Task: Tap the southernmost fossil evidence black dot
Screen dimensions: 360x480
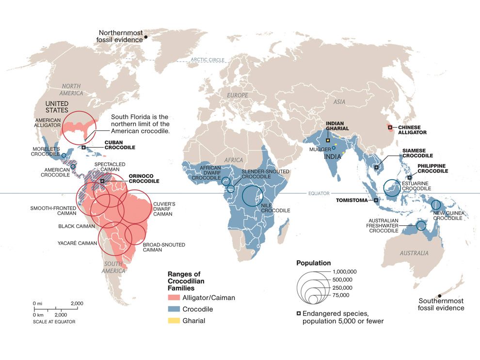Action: coord(439,296)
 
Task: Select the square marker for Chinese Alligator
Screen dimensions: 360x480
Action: coord(390,128)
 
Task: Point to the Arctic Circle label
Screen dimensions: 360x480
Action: coord(208,60)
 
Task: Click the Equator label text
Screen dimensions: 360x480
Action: coord(319,193)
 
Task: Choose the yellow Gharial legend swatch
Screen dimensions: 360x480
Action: coord(173,320)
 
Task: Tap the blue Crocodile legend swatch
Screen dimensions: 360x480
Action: coord(173,309)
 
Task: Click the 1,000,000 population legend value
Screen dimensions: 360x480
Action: coord(348,272)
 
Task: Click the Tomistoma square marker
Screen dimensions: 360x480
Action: coord(376,200)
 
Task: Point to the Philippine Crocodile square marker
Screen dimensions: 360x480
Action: coord(409,177)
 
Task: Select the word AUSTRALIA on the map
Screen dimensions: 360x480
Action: coord(414,253)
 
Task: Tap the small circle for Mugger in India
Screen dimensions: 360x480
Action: coord(334,148)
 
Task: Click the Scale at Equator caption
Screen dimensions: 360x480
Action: coord(54,321)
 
